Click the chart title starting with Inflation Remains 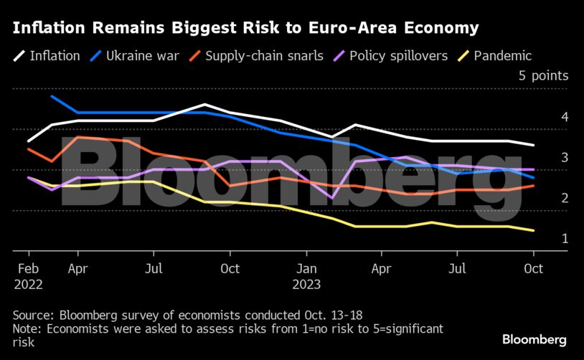(244, 29)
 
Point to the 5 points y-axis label (543, 75)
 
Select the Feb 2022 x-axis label (28, 276)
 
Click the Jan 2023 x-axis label (306, 276)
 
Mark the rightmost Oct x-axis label (533, 270)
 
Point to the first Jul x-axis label (153, 270)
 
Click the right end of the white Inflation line (533, 145)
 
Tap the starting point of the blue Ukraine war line (52, 96)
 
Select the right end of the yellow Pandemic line (533, 230)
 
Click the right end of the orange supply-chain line (533, 186)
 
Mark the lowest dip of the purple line (331, 198)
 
